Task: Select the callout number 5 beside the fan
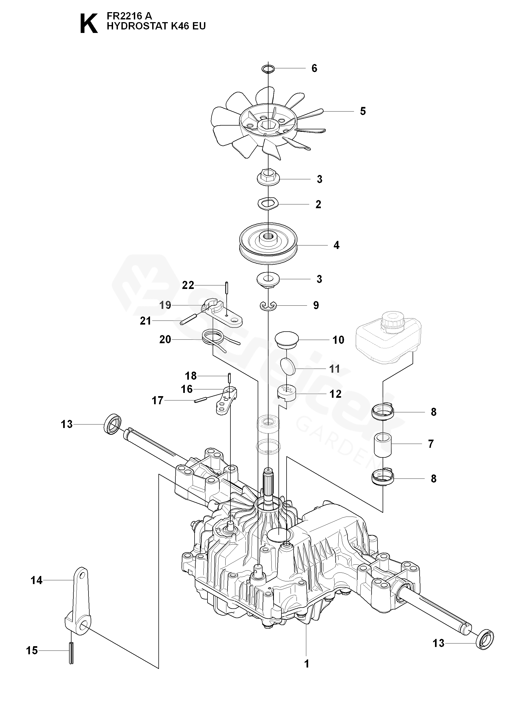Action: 363,111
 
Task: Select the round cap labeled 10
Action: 287,340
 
